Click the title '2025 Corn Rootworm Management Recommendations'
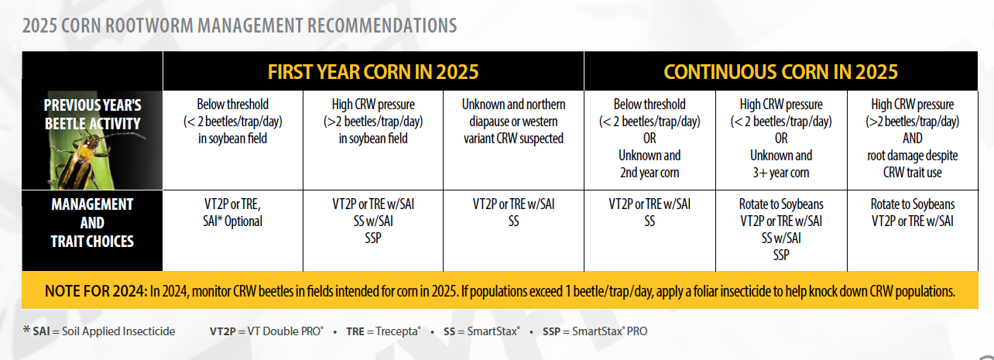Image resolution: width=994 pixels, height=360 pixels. click(240, 26)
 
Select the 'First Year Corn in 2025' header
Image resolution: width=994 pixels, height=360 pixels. click(373, 72)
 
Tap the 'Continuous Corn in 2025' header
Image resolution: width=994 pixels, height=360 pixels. click(780, 72)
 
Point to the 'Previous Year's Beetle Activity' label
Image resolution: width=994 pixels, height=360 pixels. click(92, 114)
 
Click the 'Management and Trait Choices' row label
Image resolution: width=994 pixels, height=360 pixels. click(92, 223)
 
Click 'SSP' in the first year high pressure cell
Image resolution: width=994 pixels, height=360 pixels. click(373, 238)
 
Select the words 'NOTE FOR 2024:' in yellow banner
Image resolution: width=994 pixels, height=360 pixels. click(95, 291)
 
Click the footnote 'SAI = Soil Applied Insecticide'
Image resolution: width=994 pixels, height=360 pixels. click(99, 331)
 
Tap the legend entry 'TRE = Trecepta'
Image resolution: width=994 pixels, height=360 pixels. click(383, 331)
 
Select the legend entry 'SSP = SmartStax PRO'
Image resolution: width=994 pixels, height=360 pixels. click(595, 331)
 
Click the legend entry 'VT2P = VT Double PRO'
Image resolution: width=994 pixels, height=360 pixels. click(267, 331)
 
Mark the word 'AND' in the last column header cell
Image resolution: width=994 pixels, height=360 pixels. click(913, 139)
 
